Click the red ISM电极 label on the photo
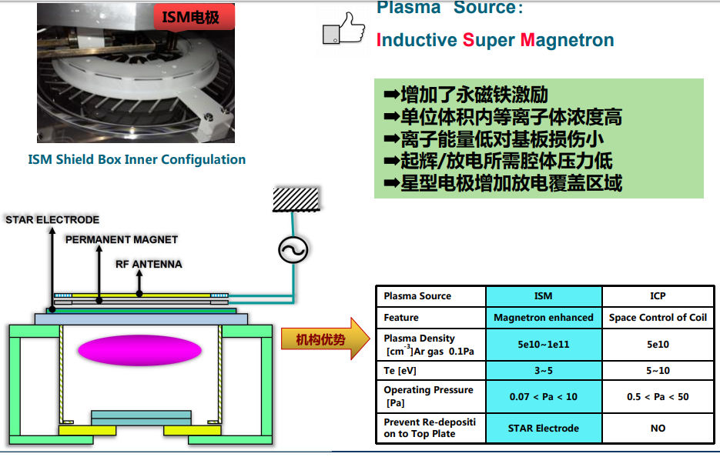(190, 16)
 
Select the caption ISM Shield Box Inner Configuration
(137, 160)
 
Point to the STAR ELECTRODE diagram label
(52, 220)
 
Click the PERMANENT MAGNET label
(122, 239)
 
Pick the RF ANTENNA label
(149, 264)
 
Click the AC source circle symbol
(293, 249)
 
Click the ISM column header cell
(543, 296)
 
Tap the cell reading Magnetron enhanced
(543, 317)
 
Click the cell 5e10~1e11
(543, 344)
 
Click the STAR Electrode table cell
(543, 428)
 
